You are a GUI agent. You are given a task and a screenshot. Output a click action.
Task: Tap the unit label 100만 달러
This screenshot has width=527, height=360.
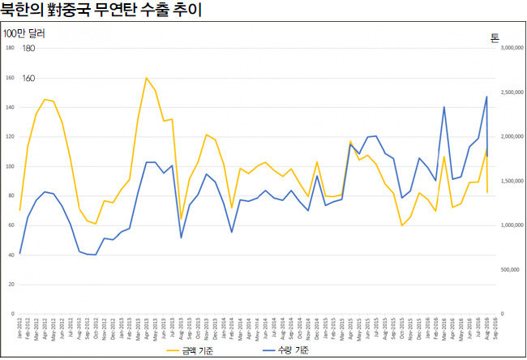[24, 34]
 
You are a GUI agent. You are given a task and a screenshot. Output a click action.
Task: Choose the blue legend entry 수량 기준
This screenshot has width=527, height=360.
[284, 351]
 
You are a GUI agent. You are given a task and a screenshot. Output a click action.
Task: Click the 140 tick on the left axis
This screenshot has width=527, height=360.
[11, 107]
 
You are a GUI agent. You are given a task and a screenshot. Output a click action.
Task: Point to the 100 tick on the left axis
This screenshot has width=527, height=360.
[11, 166]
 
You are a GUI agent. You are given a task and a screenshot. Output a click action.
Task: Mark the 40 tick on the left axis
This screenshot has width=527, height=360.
[11, 255]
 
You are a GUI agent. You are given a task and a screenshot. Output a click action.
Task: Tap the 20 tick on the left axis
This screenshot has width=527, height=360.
[11, 285]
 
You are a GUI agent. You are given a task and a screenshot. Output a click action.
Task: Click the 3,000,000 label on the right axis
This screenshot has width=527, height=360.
[513, 49]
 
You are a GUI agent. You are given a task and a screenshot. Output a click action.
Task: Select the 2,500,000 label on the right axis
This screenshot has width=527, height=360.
[513, 92]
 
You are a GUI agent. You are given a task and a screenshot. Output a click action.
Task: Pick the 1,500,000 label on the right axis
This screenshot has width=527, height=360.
[513, 181]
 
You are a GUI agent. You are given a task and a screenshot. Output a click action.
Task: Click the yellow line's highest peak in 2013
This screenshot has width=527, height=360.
[146, 78]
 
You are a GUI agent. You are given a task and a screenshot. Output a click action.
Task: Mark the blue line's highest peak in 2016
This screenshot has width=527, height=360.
[486, 96]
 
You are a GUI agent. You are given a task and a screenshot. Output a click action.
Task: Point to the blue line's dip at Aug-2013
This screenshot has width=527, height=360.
[181, 238]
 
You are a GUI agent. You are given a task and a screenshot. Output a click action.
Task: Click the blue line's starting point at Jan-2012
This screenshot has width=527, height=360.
[19, 255]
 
